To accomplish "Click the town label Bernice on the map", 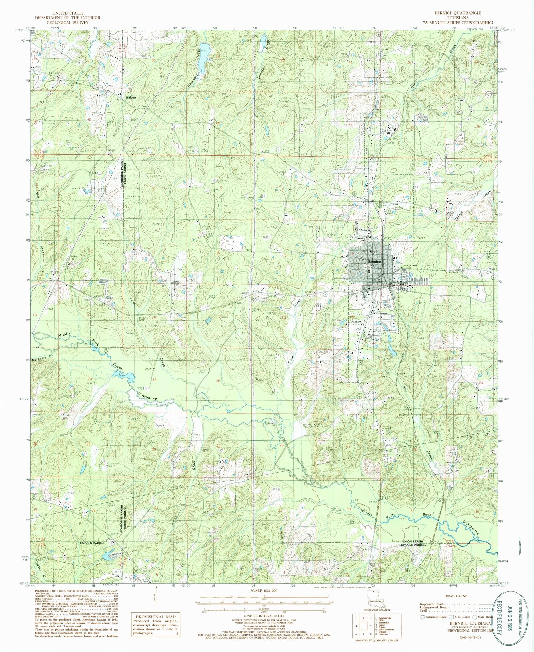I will [374, 262].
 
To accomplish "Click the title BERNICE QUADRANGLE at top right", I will [457, 13].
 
